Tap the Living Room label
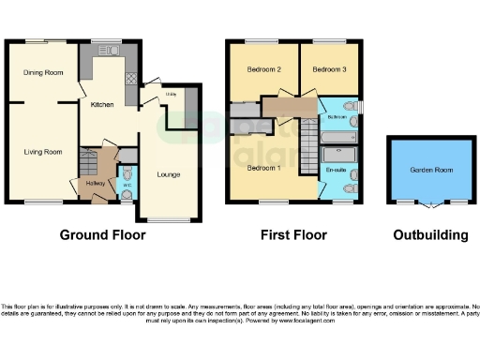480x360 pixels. (x=42, y=151)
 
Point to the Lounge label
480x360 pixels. (x=169, y=173)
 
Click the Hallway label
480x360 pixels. (x=96, y=184)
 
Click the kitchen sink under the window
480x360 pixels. (x=106, y=51)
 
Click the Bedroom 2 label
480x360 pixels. (x=264, y=70)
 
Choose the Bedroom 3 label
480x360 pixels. (x=330, y=70)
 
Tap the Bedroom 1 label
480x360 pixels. (x=264, y=168)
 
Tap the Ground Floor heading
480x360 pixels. (x=102, y=234)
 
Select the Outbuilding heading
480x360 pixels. (x=431, y=234)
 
